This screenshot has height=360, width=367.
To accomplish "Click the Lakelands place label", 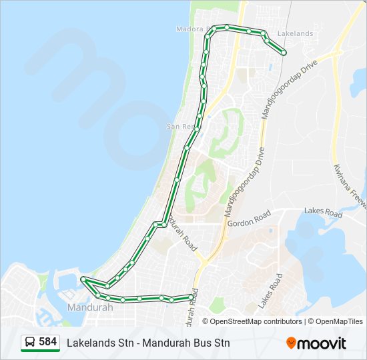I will point(294,33).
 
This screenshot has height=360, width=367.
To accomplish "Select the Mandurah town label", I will point(90,308).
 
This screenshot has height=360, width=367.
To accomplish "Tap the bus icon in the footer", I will point(30,342).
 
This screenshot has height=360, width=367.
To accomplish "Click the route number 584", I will point(48,342).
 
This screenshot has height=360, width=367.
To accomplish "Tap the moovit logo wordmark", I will point(322,343).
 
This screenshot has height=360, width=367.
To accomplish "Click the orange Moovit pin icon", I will point(291,343).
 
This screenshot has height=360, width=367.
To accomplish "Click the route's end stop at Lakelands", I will point(284,53).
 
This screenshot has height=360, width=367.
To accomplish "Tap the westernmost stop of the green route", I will point(83,279).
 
